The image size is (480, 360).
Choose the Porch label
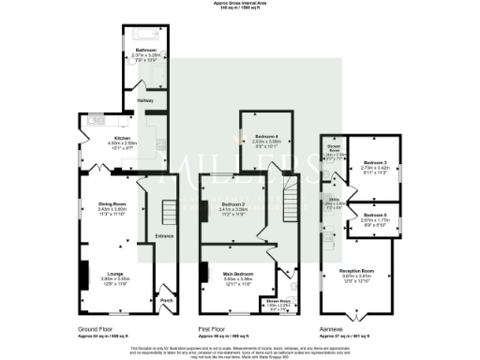tap(167, 299)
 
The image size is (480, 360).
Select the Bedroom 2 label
tap(232, 203)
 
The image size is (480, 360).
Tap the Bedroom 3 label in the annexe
tap(377, 164)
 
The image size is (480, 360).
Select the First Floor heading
tap(217, 329)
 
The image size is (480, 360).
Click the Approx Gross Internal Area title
tap(239, 5)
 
